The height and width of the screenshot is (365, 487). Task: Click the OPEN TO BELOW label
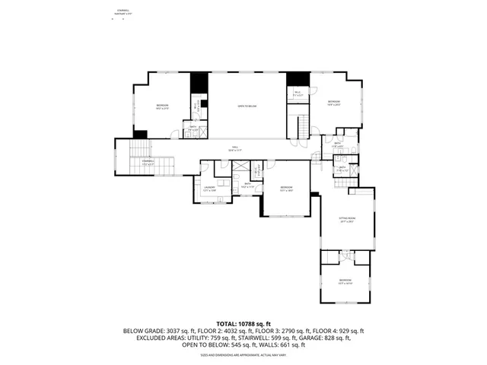tap(247, 106)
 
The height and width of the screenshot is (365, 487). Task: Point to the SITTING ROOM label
tap(347, 220)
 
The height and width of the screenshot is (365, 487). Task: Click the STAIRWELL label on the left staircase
tap(149, 162)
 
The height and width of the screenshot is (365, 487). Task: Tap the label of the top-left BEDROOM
tap(162, 106)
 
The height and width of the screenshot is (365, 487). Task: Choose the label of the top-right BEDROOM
tap(333, 103)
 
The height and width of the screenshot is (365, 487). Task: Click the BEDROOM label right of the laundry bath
tap(286, 189)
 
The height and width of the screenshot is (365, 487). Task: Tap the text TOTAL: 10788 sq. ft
tap(243, 324)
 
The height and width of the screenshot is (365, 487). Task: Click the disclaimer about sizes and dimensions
tap(243, 354)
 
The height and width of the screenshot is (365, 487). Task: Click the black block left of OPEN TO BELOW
tap(198, 82)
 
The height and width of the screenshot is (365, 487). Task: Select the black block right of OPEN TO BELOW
tap(298, 78)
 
